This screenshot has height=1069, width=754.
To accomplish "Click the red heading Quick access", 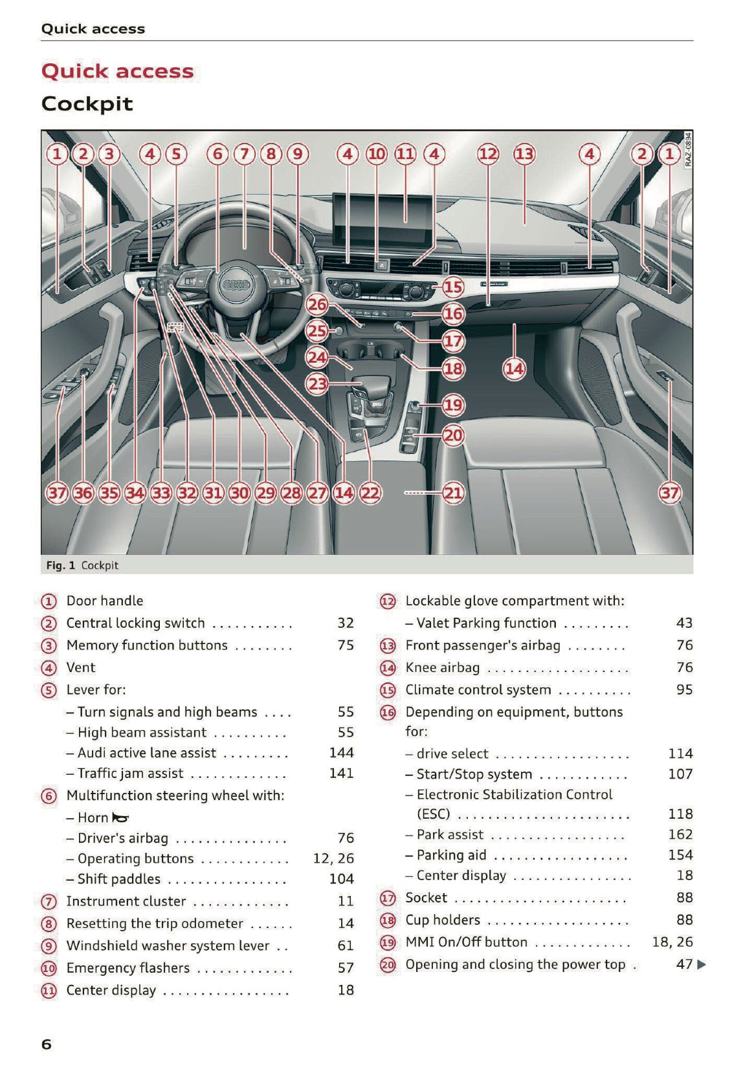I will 117,71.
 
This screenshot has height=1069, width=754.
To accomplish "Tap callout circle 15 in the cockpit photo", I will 453,286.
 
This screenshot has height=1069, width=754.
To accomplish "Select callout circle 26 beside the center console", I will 317,304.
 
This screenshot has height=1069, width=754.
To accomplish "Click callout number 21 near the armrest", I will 453,493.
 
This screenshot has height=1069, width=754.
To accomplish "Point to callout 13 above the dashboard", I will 524,154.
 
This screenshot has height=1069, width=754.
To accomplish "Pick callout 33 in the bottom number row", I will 161,493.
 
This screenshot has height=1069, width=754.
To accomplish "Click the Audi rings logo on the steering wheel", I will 236,285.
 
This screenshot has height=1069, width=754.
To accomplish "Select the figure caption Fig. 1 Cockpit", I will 82,565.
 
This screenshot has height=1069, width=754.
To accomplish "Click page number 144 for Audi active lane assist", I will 341,752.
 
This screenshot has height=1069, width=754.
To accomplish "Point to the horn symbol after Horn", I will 120,818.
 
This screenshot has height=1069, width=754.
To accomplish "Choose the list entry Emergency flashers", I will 128,968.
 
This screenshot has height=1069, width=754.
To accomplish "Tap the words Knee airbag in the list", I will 442,667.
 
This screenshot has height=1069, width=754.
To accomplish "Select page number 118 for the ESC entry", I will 680,814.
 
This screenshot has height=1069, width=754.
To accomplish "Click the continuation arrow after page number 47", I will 702,965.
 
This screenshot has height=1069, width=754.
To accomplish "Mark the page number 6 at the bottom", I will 46,1044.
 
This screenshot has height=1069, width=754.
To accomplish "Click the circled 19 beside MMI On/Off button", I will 387,942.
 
